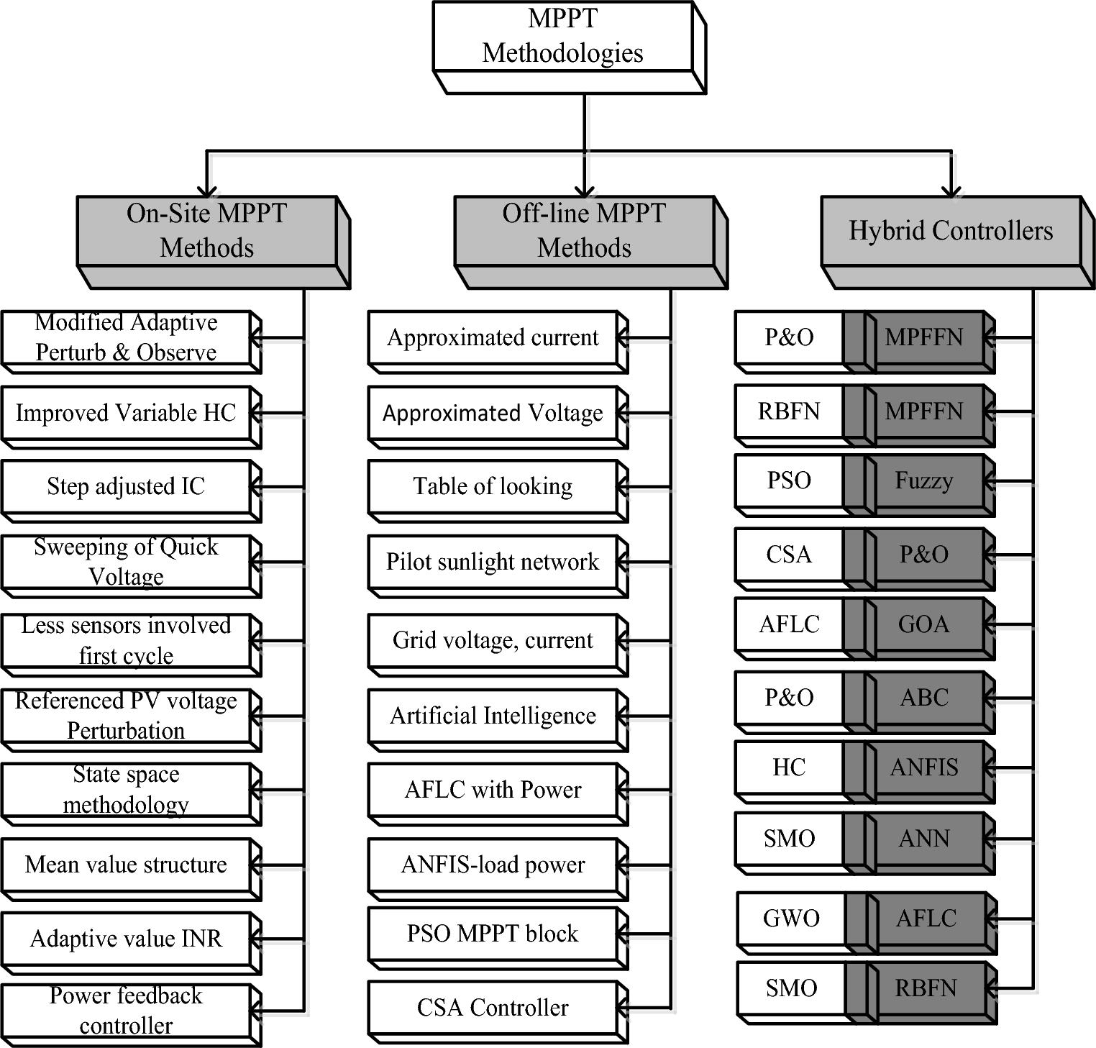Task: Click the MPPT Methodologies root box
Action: click(x=562, y=37)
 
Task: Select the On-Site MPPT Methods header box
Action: click(x=206, y=231)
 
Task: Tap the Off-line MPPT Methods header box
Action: click(x=584, y=231)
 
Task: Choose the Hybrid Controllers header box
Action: click(x=951, y=231)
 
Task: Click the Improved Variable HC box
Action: click(x=126, y=413)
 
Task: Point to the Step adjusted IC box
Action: click(x=126, y=487)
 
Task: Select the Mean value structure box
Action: click(x=126, y=865)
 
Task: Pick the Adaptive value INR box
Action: click(x=126, y=939)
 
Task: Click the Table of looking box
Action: click(x=493, y=487)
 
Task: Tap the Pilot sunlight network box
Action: click(x=493, y=562)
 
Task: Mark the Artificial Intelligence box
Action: click(x=493, y=716)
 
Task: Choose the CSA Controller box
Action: click(x=493, y=1008)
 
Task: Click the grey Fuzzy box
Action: click(x=924, y=480)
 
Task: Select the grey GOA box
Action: click(x=924, y=624)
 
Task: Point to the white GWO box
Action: click(x=791, y=919)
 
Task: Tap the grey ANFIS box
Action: click(x=924, y=767)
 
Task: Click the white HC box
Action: click(x=789, y=767)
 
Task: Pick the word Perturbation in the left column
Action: click(x=126, y=731)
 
